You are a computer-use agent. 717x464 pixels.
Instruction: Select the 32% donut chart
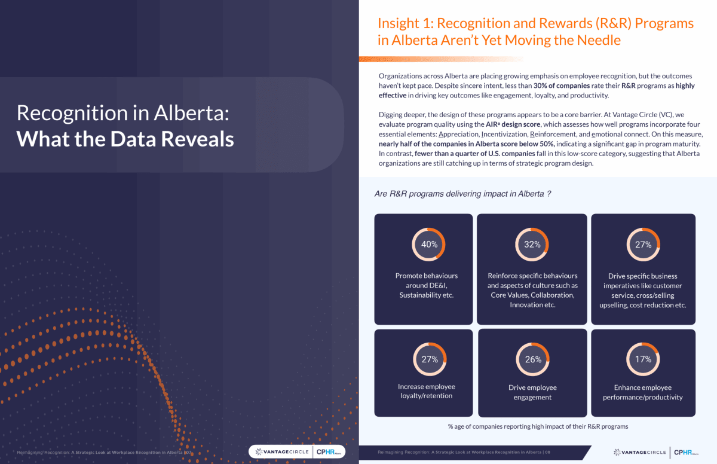click(x=532, y=244)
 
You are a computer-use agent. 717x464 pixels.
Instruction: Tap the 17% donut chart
click(x=643, y=359)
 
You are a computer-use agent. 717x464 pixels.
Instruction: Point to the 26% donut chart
click(x=533, y=359)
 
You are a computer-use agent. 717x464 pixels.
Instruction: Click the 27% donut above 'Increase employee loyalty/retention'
click(x=430, y=359)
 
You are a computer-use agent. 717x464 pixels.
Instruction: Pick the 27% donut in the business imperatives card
click(x=643, y=244)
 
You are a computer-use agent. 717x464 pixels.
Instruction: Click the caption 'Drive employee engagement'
click(x=532, y=392)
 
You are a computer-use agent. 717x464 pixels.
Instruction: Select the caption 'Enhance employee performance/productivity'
click(x=643, y=392)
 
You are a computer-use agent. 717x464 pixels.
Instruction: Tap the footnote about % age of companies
click(x=538, y=426)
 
